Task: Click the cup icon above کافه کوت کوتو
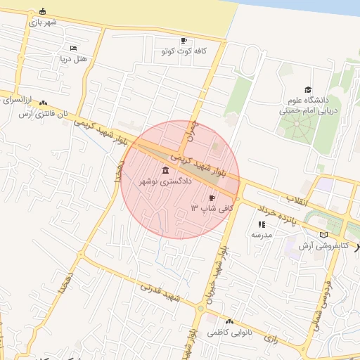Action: [184, 40]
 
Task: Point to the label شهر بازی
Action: [43, 22]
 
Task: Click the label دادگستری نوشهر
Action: [166, 181]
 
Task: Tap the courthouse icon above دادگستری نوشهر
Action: [166, 170]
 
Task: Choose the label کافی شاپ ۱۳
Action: [212, 209]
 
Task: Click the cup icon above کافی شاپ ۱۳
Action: [212, 198]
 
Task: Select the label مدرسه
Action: [262, 234]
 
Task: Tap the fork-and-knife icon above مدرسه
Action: [262, 224]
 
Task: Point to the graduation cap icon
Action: [308, 89]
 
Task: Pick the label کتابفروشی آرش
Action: [323, 245]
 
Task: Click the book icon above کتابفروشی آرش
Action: [323, 235]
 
